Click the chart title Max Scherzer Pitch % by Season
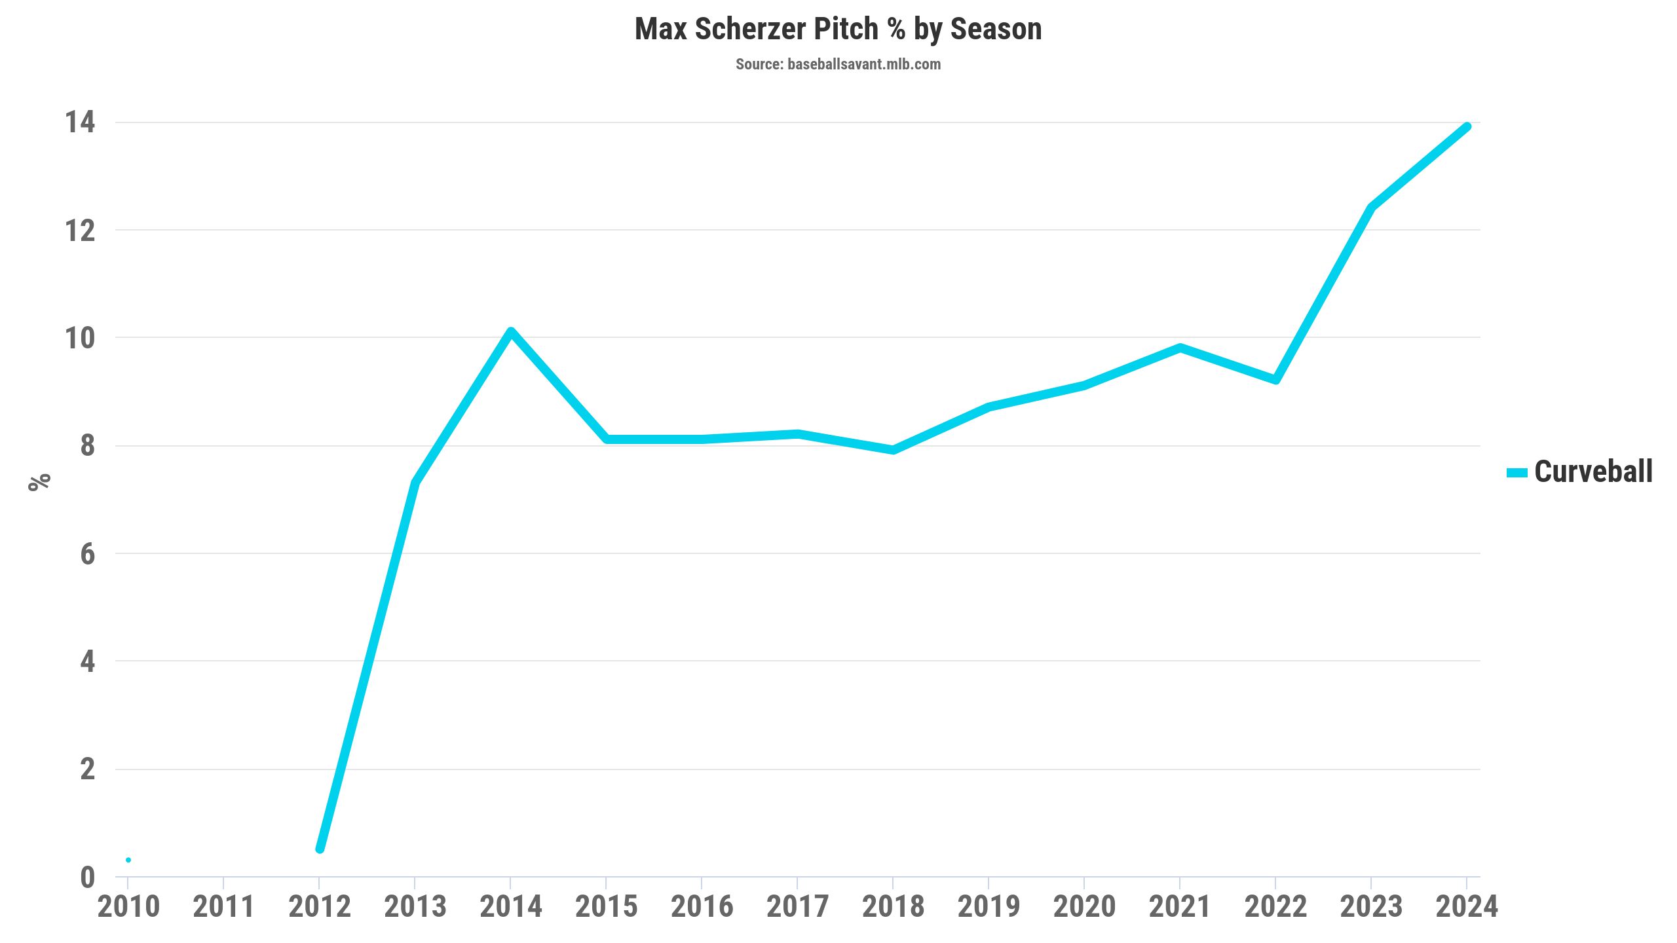[x=838, y=29]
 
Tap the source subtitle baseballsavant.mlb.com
[x=838, y=64]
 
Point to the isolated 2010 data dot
[x=128, y=860]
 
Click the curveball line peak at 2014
[x=511, y=332]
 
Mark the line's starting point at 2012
[x=320, y=849]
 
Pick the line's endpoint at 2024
[x=1467, y=127]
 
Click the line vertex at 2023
[x=1371, y=208]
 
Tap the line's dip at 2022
[x=1275, y=380]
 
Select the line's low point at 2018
[x=893, y=450]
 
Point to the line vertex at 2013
[x=415, y=483]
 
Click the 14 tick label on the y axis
[x=80, y=122]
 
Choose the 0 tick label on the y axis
[x=88, y=878]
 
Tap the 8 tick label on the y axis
[x=88, y=446]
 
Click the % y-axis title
[x=39, y=481]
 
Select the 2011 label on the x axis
[x=224, y=907]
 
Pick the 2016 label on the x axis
[x=702, y=907]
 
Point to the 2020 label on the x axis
[x=1084, y=907]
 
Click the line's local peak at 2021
[x=1180, y=348]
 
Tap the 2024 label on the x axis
[x=1467, y=907]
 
